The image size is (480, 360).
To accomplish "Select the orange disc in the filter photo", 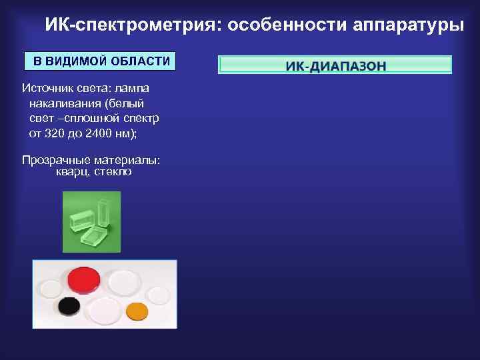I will tap(137, 310).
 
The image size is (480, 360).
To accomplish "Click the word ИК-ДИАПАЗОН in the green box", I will tap(335, 66).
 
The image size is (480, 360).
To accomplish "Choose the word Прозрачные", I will tap(55, 160).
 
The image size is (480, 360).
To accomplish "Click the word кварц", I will tap(72, 172).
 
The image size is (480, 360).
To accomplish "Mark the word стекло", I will tap(113, 172).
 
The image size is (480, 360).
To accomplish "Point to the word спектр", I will tap(139, 118).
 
